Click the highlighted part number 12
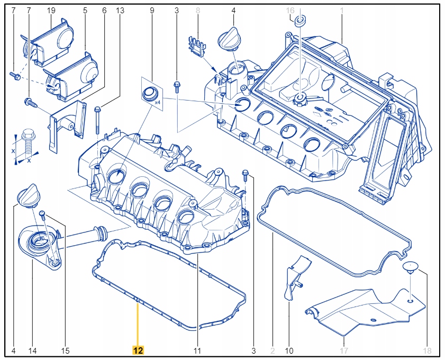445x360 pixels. (x=138, y=350)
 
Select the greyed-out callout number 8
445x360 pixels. (x=198, y=10)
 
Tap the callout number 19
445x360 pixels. (x=51, y=10)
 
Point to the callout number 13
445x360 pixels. (x=120, y=10)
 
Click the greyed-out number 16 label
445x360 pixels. (x=290, y=10)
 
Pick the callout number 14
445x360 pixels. (x=32, y=350)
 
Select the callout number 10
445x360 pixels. (x=289, y=350)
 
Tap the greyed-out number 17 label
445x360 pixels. (x=344, y=350)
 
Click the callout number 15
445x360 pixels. (x=66, y=350)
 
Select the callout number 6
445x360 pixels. (x=104, y=10)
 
